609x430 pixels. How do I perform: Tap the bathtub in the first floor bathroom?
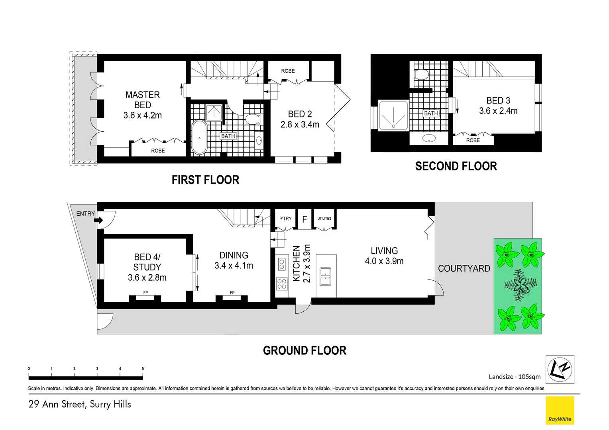[199, 137]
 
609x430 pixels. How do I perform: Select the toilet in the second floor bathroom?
[421, 74]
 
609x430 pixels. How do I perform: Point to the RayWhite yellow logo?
[560, 410]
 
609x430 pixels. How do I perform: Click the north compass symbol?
[560, 369]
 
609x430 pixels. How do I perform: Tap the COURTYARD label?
[464, 268]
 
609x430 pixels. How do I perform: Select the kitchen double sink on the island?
[326, 277]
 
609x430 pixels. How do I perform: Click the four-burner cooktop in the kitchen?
[282, 283]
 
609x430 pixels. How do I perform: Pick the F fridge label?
[304, 219]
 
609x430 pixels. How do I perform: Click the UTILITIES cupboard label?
[324, 219]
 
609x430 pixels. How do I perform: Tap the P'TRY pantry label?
[285, 219]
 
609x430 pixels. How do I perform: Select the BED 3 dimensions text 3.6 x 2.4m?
[498, 111]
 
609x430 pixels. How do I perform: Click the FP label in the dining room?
[232, 293]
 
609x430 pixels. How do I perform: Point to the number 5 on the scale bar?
[143, 369]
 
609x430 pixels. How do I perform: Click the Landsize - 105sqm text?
[515, 377]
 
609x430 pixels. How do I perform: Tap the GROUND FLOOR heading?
[304, 350]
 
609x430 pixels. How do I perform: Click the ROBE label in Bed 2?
[288, 71]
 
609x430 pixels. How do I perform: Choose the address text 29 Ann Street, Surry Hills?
[80, 404]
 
